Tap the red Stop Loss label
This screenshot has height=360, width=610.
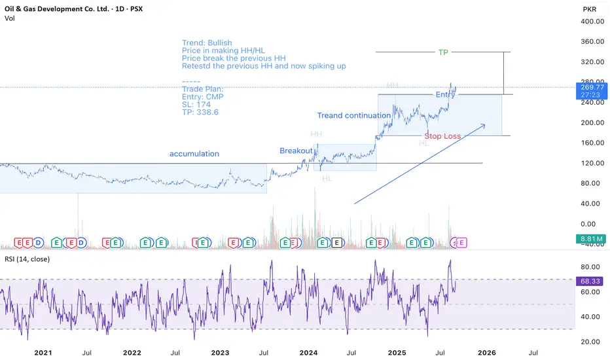442,136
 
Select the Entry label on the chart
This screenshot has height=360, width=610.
445,95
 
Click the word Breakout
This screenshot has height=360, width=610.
296,151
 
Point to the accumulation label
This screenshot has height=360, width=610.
194,154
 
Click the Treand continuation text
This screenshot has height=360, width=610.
354,115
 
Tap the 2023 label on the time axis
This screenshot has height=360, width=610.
221,352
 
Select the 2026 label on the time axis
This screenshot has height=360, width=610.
486,352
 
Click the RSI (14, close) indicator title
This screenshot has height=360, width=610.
30,259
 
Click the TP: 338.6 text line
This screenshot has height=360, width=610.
200,113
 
